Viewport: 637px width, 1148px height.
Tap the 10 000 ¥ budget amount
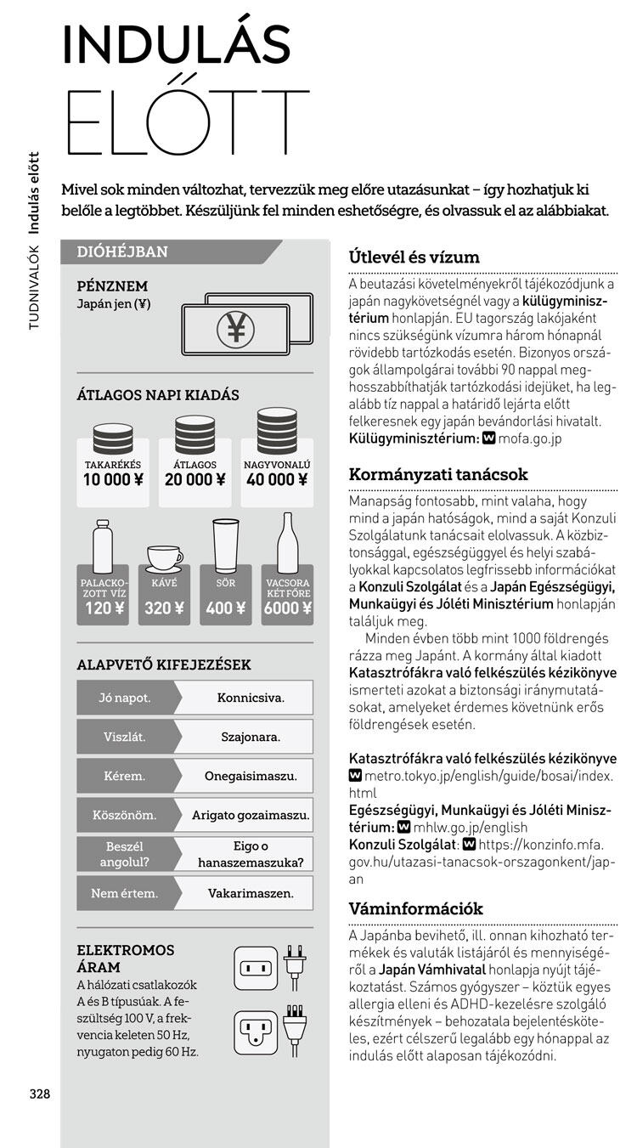113,479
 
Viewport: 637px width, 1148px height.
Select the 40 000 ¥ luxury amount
277,479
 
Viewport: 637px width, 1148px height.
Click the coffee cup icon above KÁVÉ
164,557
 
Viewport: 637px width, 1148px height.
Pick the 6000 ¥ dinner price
287,608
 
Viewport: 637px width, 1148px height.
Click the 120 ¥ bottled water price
104,608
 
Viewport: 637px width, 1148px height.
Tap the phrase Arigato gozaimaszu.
251,815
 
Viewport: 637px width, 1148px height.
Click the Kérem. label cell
125,776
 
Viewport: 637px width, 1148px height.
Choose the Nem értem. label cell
125,893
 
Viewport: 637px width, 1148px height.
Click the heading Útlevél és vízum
414,257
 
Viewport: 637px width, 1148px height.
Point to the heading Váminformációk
416,908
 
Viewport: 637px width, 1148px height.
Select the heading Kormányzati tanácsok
438,474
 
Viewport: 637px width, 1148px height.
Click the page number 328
40,1094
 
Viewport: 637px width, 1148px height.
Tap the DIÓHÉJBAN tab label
122,252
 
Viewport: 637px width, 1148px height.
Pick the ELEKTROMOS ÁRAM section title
126,959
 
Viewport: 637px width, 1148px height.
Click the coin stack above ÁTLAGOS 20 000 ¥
194,435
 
